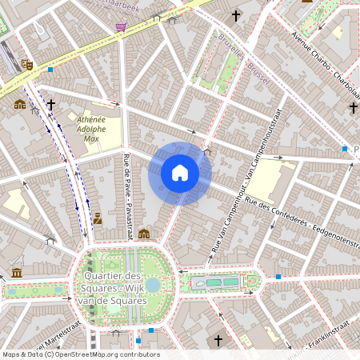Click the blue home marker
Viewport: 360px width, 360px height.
[x=180, y=173]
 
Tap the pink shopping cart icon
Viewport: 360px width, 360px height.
[x=121, y=27]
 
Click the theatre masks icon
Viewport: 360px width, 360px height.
[x=27, y=65]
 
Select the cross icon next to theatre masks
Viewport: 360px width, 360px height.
[x=51, y=104]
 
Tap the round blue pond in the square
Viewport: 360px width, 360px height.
[x=153, y=284]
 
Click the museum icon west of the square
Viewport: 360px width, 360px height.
[x=18, y=274]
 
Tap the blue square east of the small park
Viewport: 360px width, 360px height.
[x=278, y=277]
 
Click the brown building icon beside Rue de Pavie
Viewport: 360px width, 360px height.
[x=144, y=234]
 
